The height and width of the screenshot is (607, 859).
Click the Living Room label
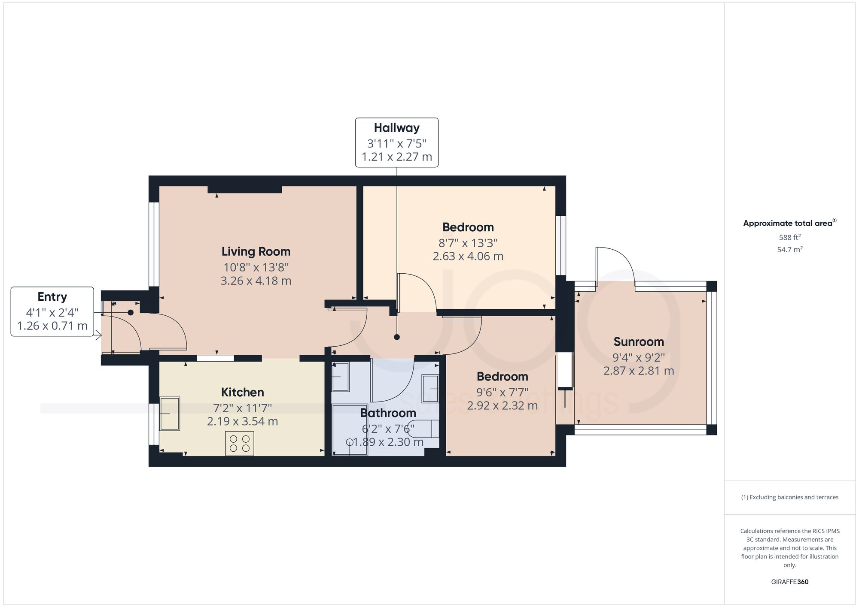(x=256, y=251)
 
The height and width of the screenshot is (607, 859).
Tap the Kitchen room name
(x=242, y=392)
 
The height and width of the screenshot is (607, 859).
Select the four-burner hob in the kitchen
(x=240, y=444)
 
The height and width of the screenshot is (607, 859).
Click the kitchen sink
(x=170, y=414)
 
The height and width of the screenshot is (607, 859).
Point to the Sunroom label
(x=639, y=341)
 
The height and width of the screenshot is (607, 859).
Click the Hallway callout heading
(x=396, y=128)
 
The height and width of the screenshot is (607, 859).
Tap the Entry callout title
(x=52, y=297)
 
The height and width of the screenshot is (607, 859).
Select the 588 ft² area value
(x=789, y=237)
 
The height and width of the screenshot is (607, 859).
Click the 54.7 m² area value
(x=789, y=249)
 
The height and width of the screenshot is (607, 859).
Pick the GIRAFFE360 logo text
(x=789, y=582)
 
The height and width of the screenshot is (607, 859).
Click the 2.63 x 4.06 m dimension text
(x=468, y=256)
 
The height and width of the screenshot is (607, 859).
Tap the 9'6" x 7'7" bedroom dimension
(x=502, y=392)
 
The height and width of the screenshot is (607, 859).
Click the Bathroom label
(x=388, y=413)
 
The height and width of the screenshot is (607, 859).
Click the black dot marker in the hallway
(x=397, y=337)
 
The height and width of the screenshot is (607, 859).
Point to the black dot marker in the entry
(x=131, y=313)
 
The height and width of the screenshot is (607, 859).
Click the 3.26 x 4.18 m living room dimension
(x=256, y=281)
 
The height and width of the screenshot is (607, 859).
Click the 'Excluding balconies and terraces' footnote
(x=789, y=497)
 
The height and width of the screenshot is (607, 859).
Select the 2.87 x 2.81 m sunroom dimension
(x=639, y=371)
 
